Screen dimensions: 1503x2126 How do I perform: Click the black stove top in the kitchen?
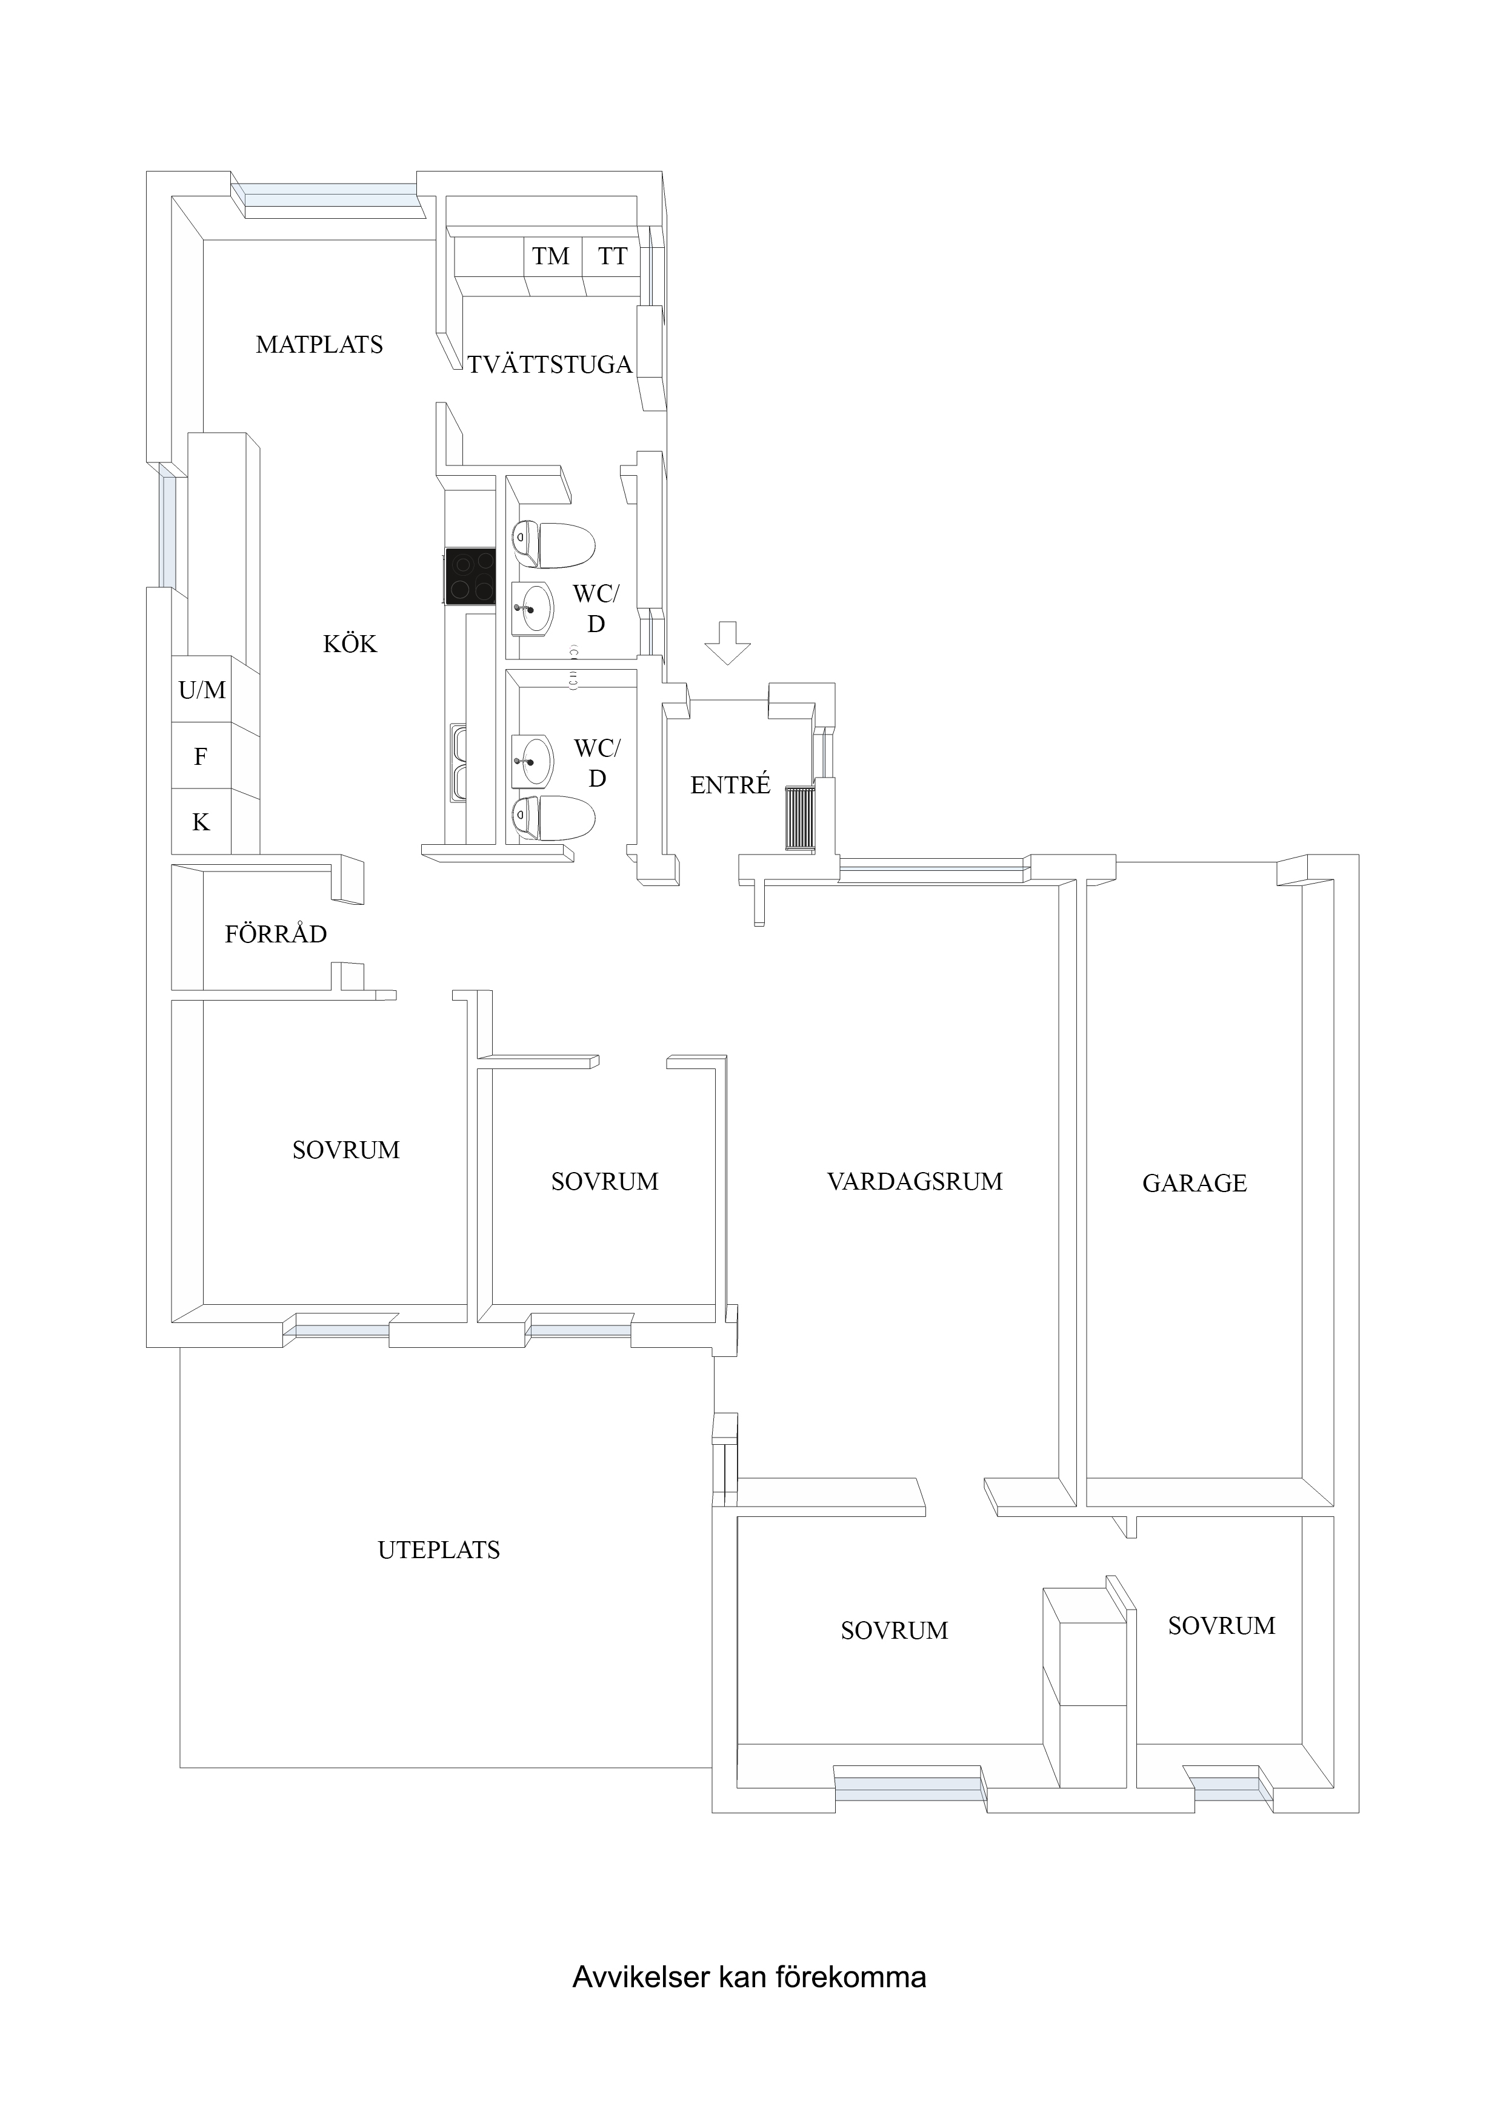pyautogui.click(x=470, y=576)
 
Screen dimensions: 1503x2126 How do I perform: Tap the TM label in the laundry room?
pyautogui.click(x=551, y=256)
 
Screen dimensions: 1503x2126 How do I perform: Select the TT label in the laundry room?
pyautogui.click(x=612, y=256)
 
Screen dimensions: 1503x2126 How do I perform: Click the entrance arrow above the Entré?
pyautogui.click(x=727, y=642)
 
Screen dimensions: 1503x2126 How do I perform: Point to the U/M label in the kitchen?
pyautogui.click(x=202, y=690)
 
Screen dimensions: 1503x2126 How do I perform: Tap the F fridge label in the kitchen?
pyautogui.click(x=200, y=756)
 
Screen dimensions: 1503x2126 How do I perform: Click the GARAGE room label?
pyautogui.click(x=1195, y=1184)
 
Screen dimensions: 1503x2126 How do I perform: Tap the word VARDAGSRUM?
pyautogui.click(x=915, y=1182)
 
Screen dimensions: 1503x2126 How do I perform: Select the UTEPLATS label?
pyautogui.click(x=439, y=1550)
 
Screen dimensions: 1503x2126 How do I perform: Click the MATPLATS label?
pyautogui.click(x=319, y=344)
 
